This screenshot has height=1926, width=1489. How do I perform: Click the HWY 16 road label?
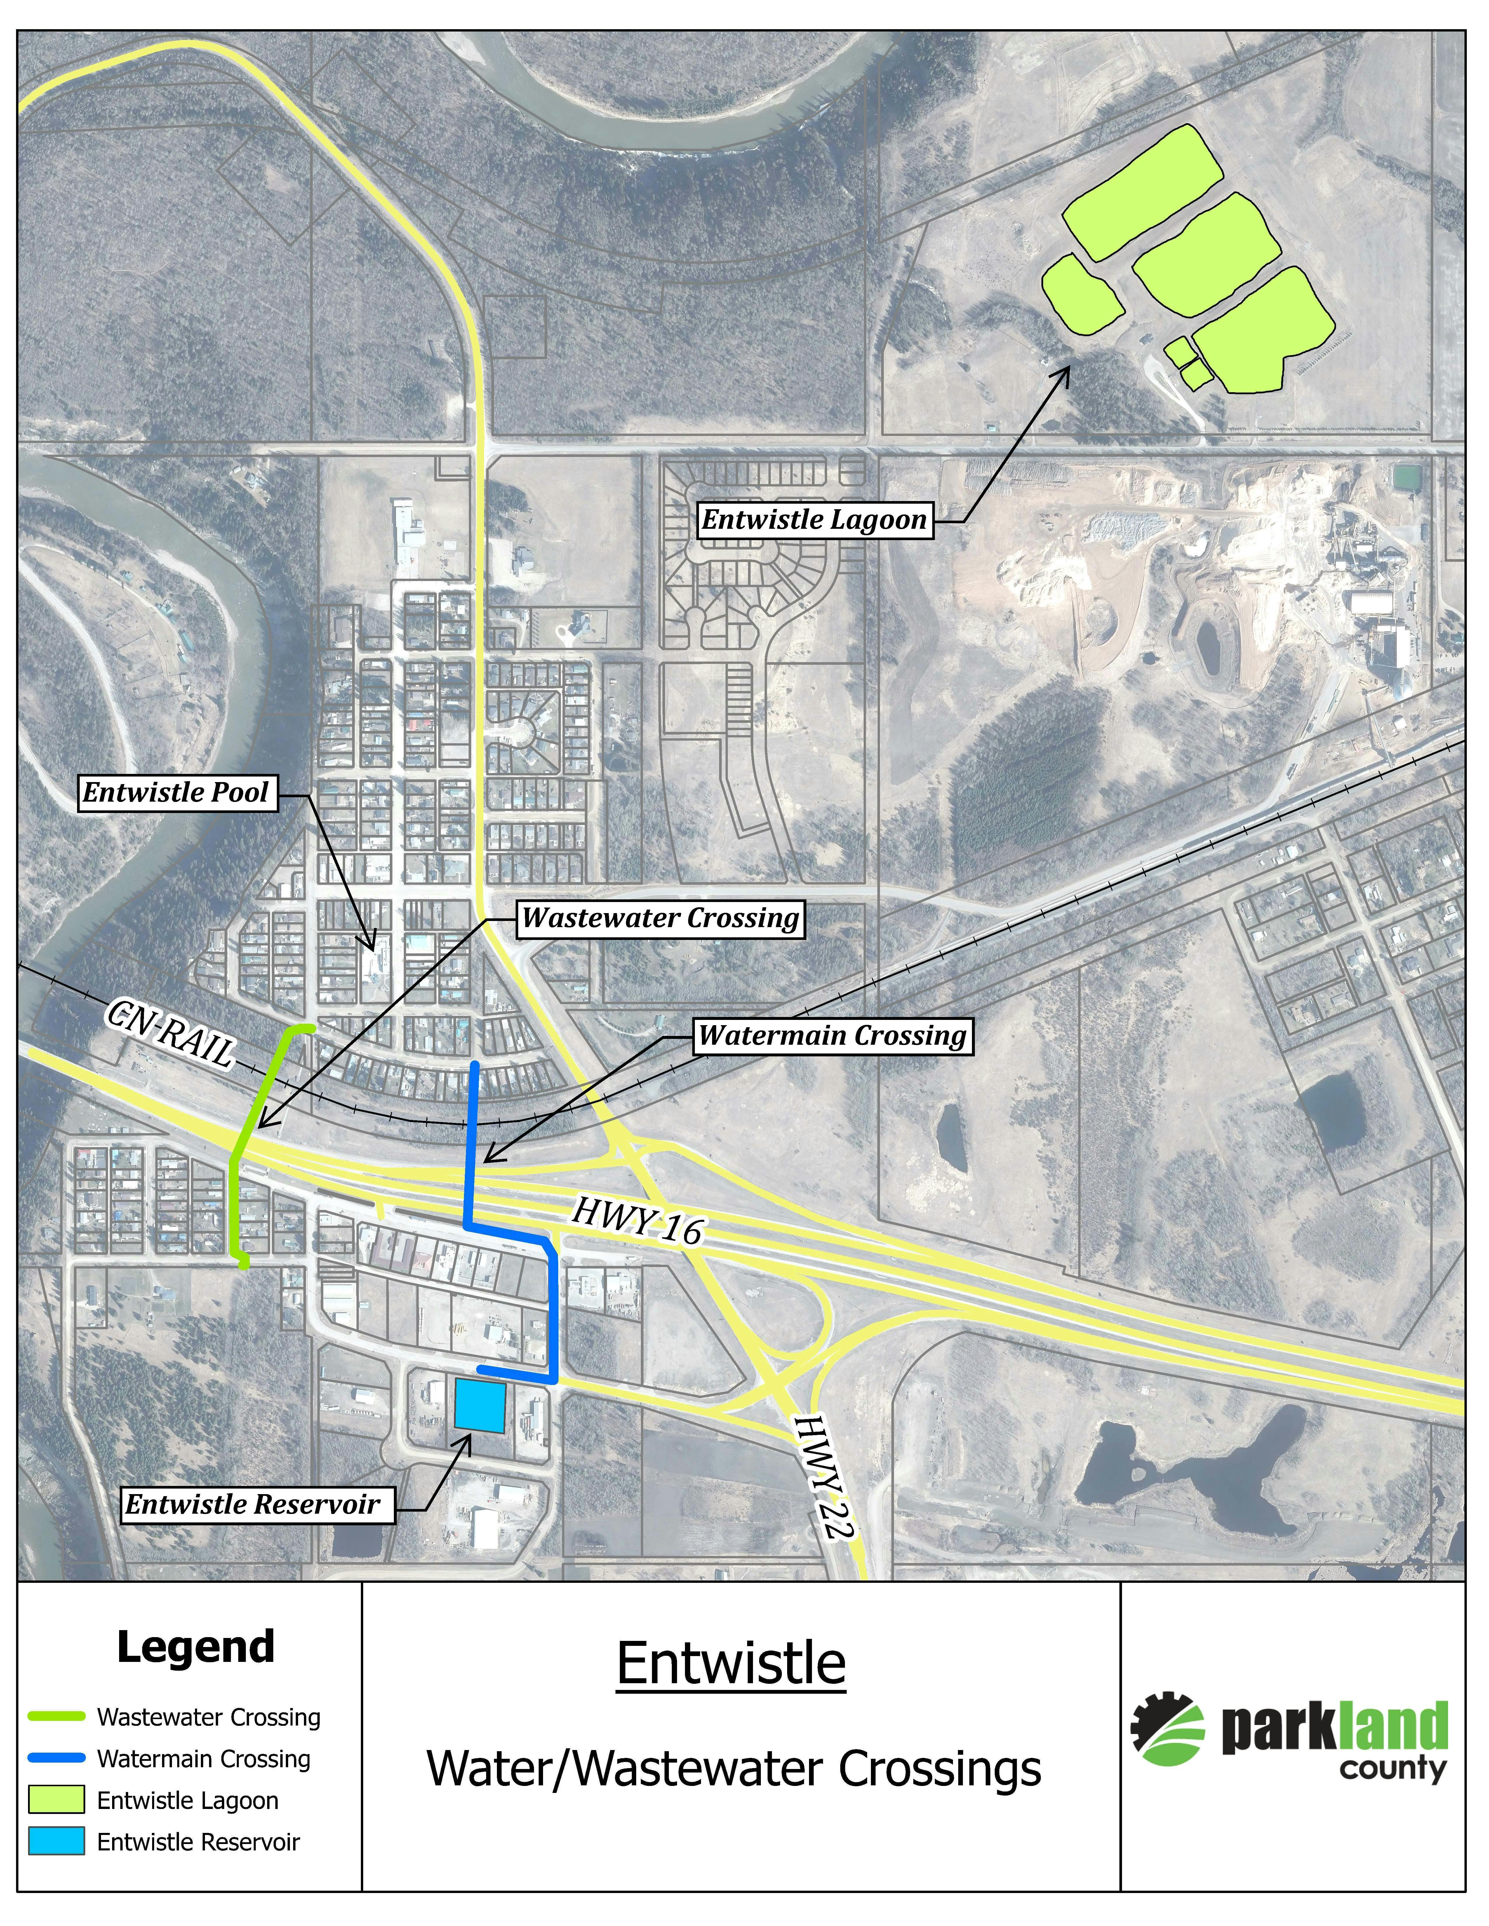point(637,1220)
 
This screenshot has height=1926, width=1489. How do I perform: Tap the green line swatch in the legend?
point(56,1716)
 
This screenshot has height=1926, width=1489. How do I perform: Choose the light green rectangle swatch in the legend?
point(56,1800)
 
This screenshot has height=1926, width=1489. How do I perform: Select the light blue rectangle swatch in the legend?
point(56,1841)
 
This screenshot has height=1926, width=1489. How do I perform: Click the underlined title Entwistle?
point(730,1663)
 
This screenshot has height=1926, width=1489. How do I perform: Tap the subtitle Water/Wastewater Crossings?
point(734,1769)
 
